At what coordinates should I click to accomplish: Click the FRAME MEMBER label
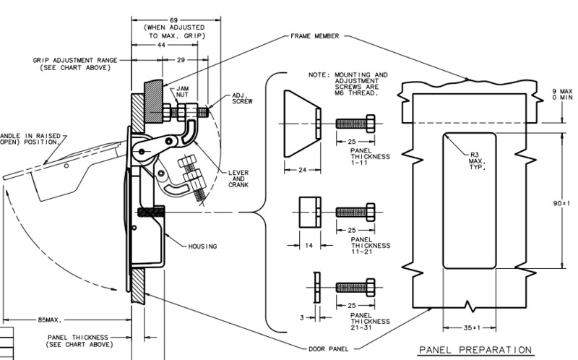point(314,36)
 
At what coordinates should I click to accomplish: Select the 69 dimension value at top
point(173,20)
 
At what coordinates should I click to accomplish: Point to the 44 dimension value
point(161,45)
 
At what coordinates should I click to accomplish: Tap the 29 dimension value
point(181,60)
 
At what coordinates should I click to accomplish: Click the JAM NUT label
point(182,92)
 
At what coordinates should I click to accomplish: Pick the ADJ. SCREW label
point(242,98)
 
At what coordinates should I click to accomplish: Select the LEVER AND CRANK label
point(238,179)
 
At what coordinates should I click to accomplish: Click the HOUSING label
point(202,247)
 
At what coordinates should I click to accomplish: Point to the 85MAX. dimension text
point(50,320)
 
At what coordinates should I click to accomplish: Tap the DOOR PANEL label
point(329,348)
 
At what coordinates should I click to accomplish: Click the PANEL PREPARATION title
point(475,350)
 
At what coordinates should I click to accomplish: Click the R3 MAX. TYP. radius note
point(478,161)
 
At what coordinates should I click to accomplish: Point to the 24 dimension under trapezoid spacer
point(303,170)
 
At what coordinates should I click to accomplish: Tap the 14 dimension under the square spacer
point(309,245)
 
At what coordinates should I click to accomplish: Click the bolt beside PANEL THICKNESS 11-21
point(355,212)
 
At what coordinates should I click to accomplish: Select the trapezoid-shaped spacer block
point(302,124)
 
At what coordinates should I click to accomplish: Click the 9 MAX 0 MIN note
point(562,94)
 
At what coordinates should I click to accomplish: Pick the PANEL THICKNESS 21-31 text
point(370,321)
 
